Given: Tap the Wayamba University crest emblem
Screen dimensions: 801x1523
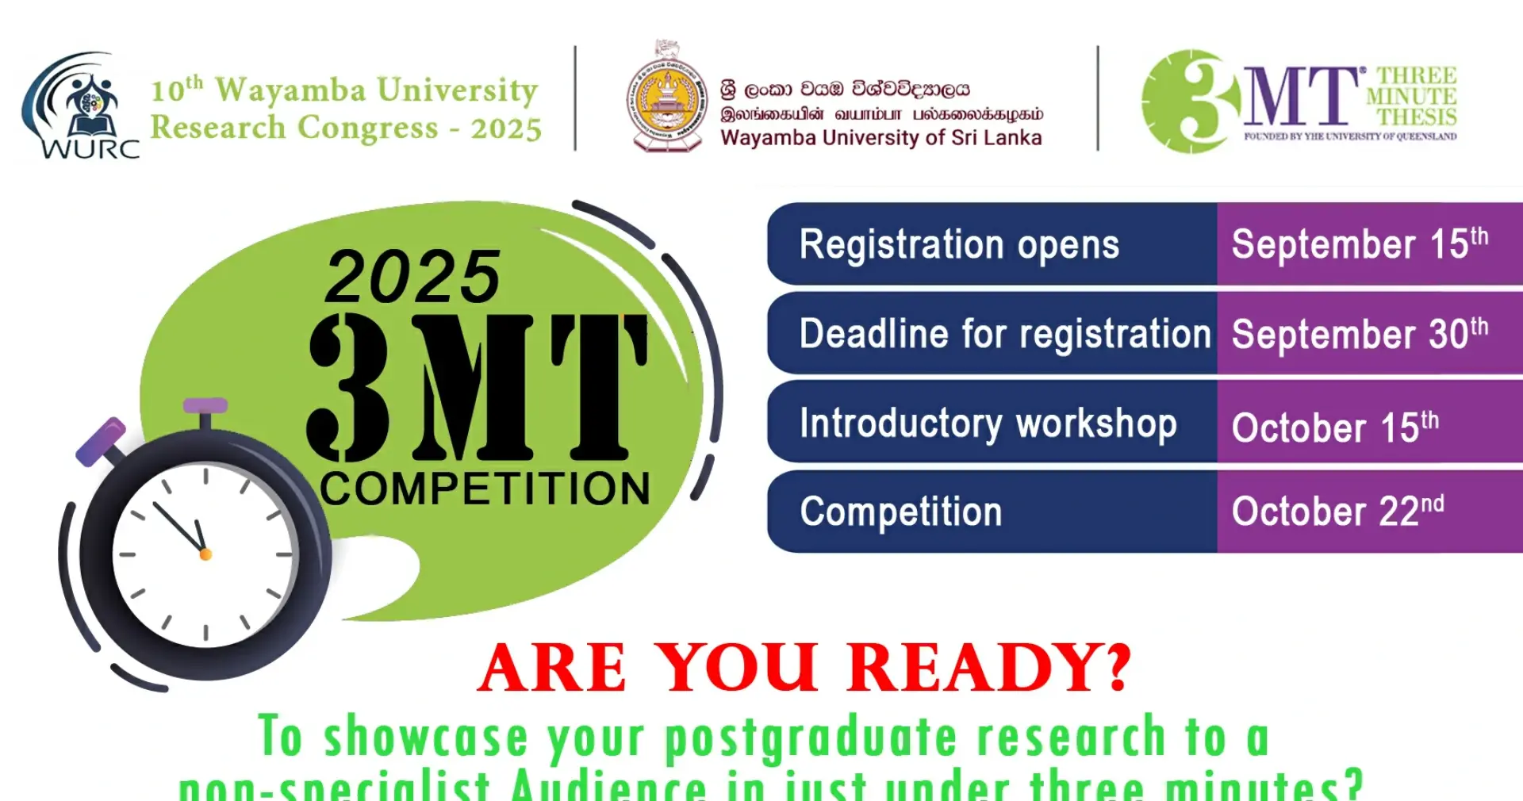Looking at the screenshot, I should (666, 97).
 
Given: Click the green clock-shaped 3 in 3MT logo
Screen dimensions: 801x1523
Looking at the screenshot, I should (1191, 101).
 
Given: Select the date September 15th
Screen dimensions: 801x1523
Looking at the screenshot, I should (1359, 243).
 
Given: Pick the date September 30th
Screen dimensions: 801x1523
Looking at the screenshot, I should (1359, 334).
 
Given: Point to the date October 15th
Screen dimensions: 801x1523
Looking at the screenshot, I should (1334, 427).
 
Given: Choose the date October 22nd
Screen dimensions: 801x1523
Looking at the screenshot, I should (1337, 512).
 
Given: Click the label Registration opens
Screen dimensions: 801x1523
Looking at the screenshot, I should (958, 244).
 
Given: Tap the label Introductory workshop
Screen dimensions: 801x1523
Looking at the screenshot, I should (988, 423).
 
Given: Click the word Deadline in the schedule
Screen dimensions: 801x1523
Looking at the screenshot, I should (873, 334).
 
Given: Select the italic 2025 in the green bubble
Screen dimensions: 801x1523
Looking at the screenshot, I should (412, 277).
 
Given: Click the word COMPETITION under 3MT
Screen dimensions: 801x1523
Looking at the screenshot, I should (485, 489).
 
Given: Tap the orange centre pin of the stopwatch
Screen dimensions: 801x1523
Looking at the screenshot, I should (205, 554).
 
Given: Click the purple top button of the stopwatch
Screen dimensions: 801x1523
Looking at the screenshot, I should (205, 406).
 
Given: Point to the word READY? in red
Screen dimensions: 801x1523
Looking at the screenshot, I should (989, 668).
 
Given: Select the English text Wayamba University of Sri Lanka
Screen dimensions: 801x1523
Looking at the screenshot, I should (880, 138).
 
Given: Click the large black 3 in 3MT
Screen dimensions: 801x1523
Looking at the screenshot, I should (349, 387).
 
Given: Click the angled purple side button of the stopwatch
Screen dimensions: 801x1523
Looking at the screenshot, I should (101, 442).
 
